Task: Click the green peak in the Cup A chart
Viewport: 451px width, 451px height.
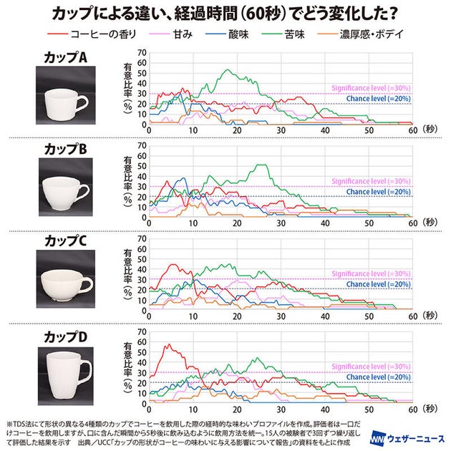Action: [x=228, y=70]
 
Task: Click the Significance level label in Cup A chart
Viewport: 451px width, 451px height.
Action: [x=370, y=89]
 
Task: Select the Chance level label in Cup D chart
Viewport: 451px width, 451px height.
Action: [x=377, y=377]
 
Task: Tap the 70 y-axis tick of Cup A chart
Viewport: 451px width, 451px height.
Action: [x=141, y=53]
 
